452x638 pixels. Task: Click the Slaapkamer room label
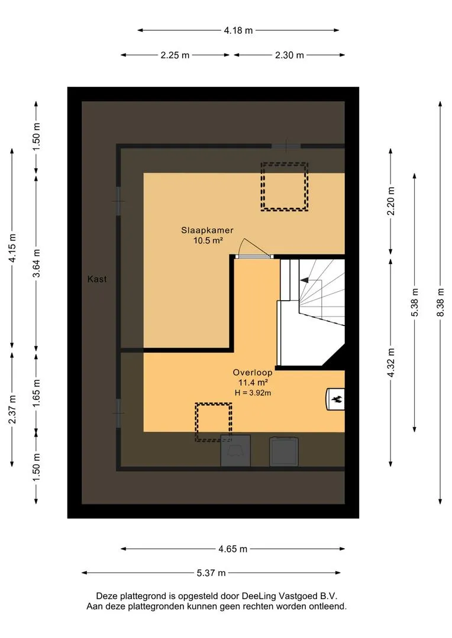tap(207, 230)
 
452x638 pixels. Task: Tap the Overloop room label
tap(252, 372)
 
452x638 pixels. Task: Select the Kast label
tap(97, 279)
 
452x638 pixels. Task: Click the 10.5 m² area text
tap(208, 240)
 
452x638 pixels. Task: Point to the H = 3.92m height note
tap(253, 393)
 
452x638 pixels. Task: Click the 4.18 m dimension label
tap(238, 30)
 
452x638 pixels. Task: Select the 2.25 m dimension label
tap(175, 56)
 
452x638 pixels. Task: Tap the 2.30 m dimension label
tap(289, 56)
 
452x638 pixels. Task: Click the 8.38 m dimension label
tap(440, 302)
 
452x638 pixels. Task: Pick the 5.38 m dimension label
tap(415, 302)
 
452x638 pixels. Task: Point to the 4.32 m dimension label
tap(391, 363)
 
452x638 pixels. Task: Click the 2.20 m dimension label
tap(391, 201)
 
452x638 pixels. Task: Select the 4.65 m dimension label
tap(233, 549)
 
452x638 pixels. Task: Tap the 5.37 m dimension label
tap(211, 573)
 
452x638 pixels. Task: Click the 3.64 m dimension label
tap(37, 263)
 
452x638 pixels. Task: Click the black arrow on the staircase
tap(304, 280)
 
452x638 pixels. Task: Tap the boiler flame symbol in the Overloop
tap(337, 399)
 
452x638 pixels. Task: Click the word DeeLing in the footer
tap(259, 596)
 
